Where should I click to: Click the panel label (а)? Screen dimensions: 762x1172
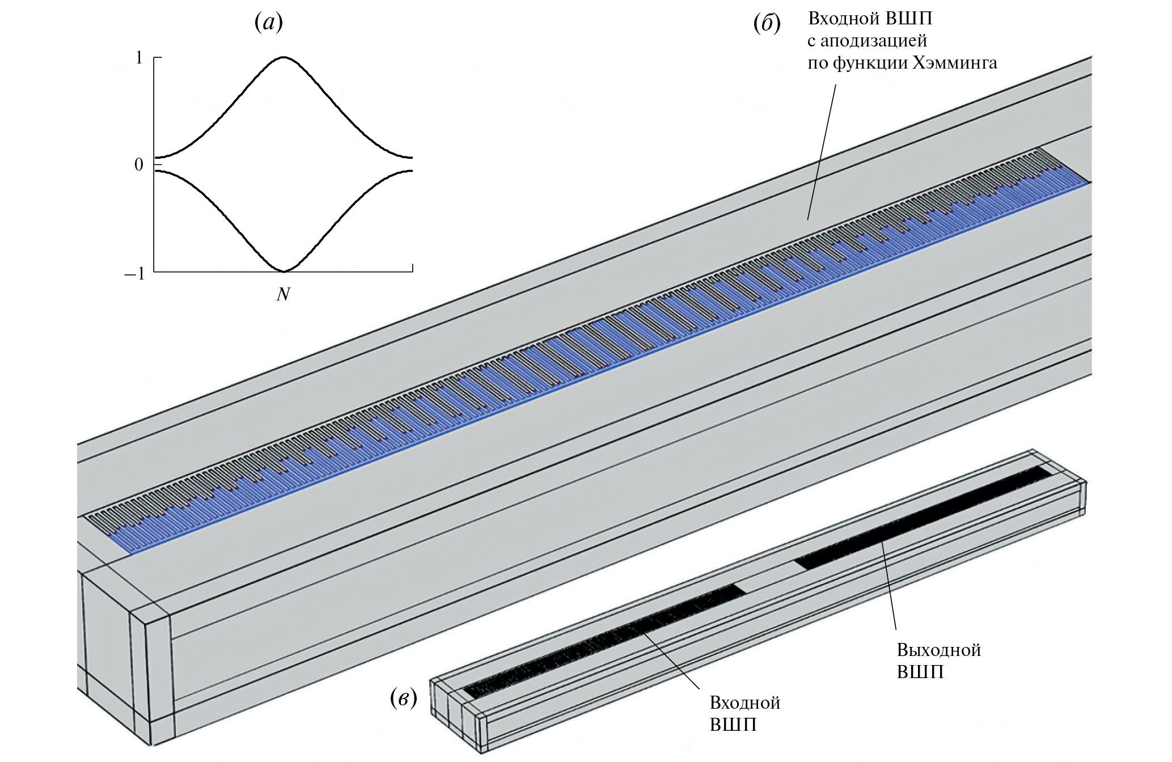click(268, 23)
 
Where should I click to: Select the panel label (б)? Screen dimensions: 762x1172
click(767, 23)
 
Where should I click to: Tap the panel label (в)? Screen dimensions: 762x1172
click(404, 698)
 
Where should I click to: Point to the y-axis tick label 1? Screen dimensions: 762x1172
click(139, 58)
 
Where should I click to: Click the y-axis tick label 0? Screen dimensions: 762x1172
click(139, 165)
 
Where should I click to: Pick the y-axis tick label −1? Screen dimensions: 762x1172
click(135, 274)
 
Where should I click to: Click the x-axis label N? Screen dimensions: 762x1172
click(283, 294)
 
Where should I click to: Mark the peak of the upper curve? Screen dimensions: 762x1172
click(284, 57)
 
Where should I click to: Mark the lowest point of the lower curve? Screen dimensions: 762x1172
click(284, 271)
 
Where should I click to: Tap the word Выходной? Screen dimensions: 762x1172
click(938, 650)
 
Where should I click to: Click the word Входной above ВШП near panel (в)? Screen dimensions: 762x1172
click(744, 703)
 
